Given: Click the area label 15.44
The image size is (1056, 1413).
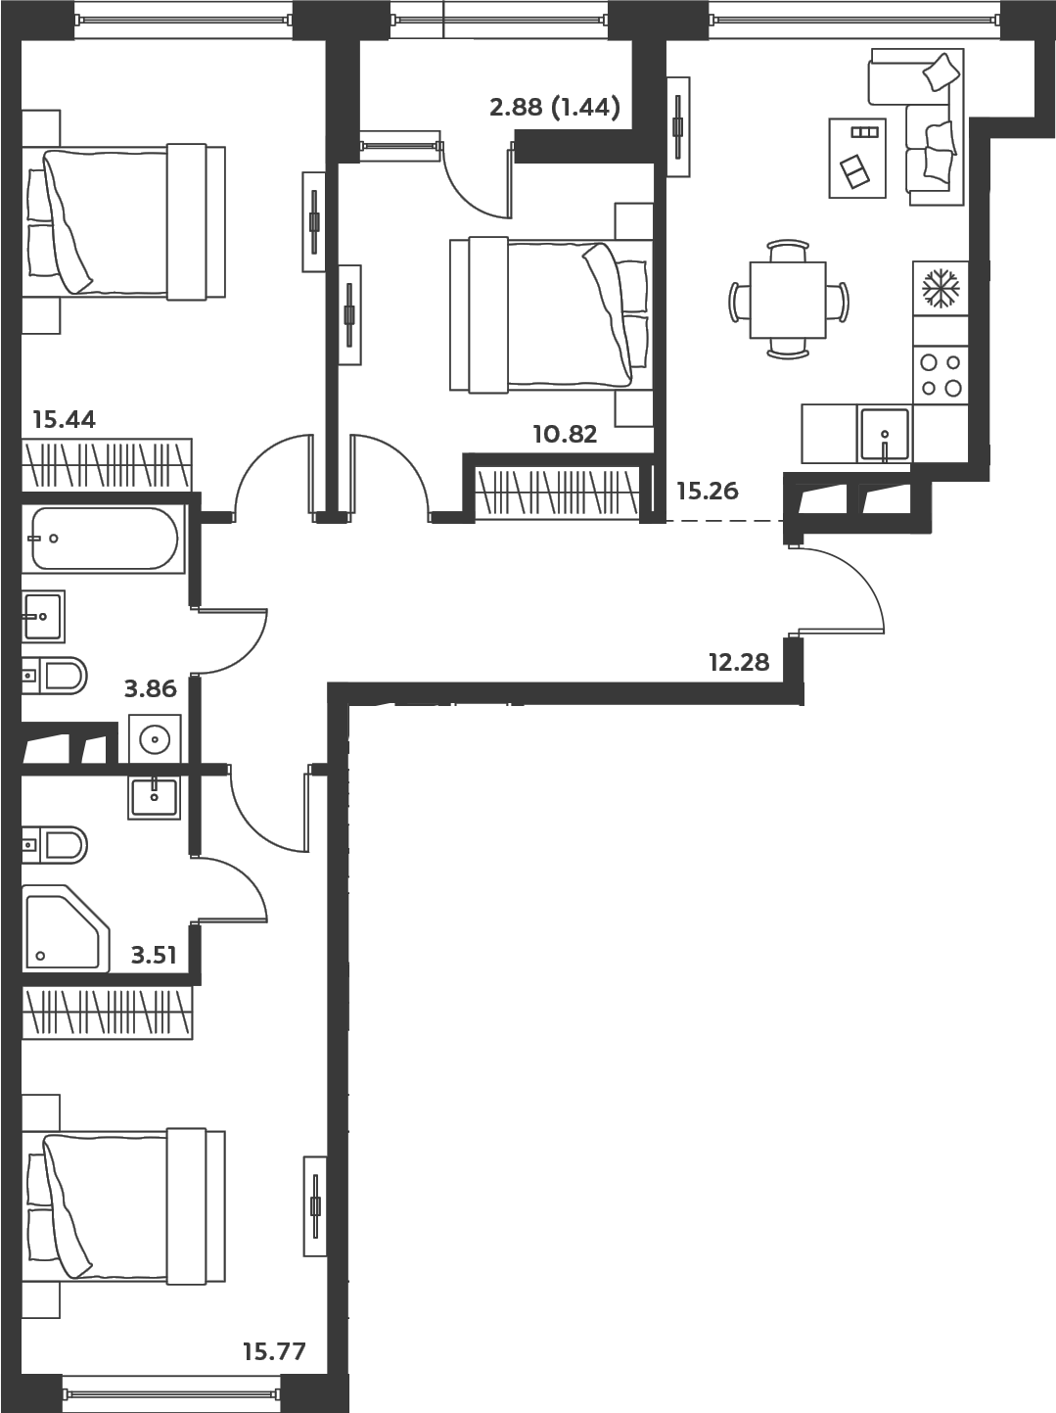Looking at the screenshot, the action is click(65, 420).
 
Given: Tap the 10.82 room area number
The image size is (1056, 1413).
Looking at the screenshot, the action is click(566, 435).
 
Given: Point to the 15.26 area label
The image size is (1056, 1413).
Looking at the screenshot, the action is click(708, 492).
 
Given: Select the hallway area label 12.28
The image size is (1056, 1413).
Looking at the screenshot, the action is click(739, 662).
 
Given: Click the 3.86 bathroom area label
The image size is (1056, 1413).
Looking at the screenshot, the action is click(151, 688).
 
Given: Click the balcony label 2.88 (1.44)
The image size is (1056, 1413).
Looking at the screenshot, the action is click(555, 108).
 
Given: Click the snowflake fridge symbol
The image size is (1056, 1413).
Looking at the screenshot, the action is click(941, 288).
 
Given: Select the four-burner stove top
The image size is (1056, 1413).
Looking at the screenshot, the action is click(941, 375).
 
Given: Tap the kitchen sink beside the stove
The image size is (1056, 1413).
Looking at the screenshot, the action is click(885, 434).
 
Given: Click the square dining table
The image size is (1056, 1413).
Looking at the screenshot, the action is click(788, 300).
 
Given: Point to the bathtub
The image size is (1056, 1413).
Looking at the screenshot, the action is click(104, 539).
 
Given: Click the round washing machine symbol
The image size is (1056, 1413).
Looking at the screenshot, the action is click(155, 738).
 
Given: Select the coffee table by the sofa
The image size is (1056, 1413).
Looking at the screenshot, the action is click(857, 158).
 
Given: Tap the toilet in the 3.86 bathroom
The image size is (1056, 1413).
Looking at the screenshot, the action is click(54, 676).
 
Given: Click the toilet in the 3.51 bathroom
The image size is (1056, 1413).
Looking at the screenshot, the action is click(54, 845).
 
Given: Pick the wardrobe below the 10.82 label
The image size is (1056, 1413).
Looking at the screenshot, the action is click(558, 493).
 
